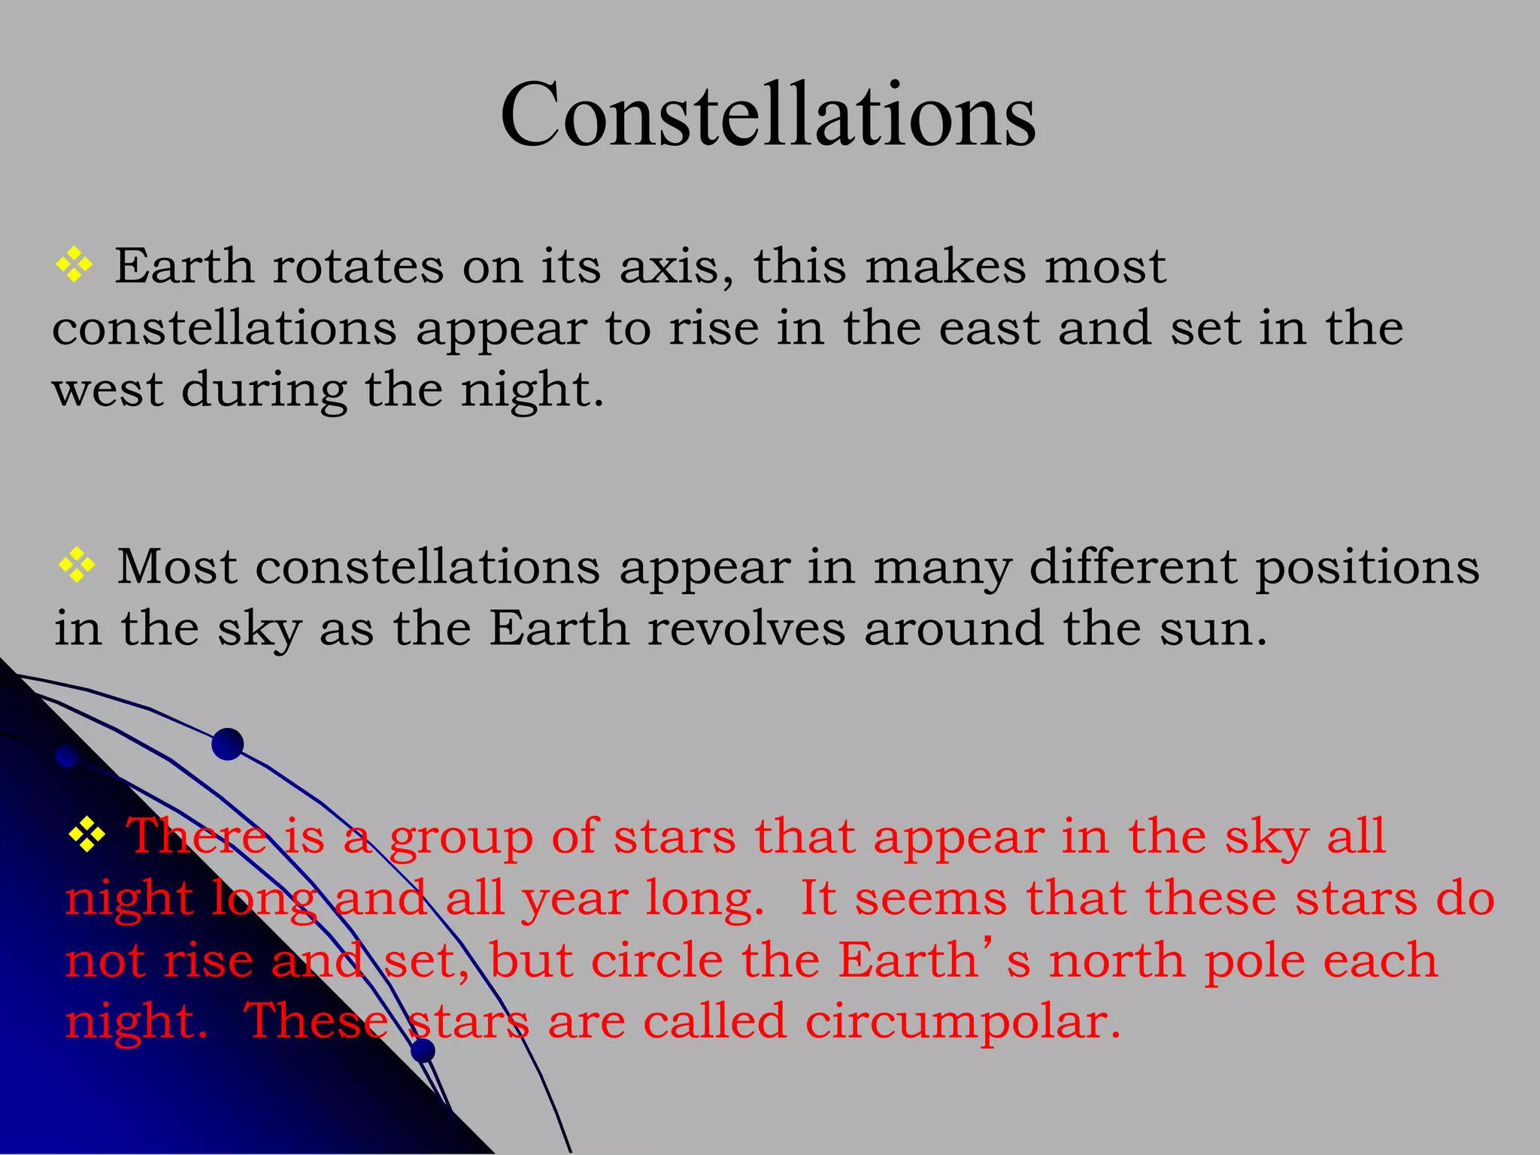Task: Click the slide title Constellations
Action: coord(768,115)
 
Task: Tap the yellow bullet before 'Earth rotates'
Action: coord(74,265)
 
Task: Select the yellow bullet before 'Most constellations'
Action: coord(77,565)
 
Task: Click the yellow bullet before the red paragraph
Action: coord(87,835)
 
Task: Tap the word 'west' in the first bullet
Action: coord(108,390)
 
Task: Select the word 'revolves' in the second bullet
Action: coord(747,629)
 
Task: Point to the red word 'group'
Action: coord(461,838)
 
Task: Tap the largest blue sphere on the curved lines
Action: coord(227,744)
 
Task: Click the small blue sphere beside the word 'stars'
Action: coord(423,1050)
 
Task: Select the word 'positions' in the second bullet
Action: coord(1367,568)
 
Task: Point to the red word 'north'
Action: coord(1117,961)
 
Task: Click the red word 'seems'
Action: coord(931,899)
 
